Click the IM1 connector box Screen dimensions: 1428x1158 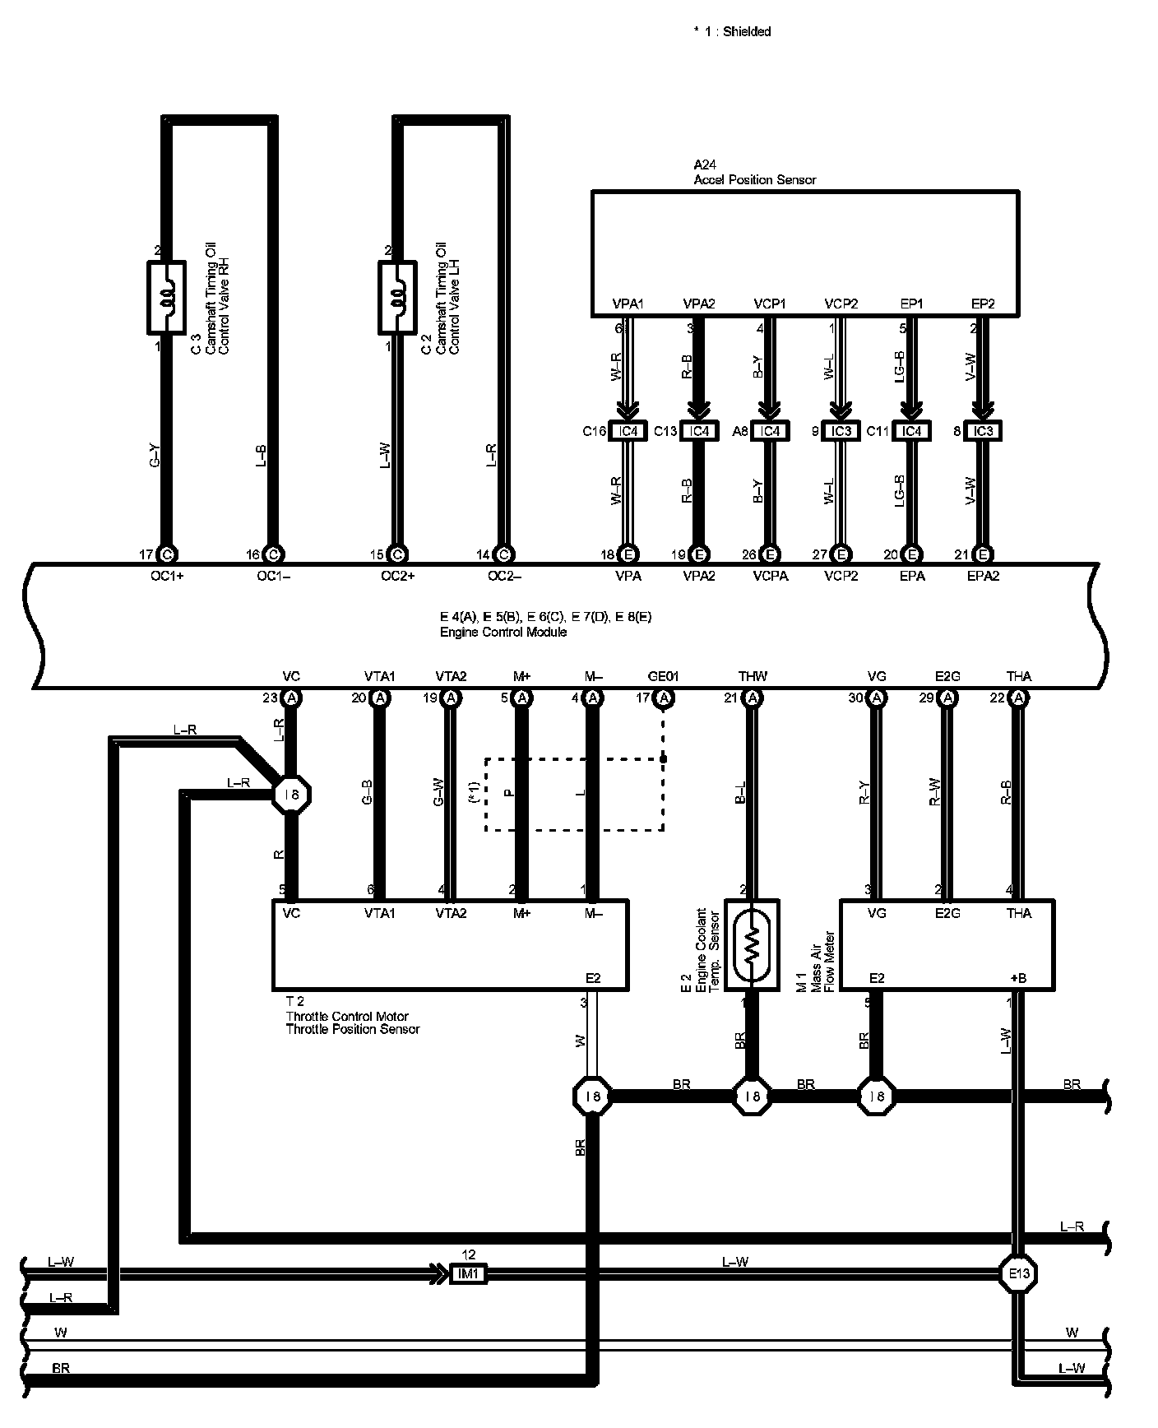point(469,1274)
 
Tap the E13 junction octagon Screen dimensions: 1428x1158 point(1018,1274)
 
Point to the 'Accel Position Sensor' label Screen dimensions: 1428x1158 point(755,179)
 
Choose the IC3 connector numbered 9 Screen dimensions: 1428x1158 point(841,431)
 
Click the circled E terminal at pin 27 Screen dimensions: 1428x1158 point(841,554)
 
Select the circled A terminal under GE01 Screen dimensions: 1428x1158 point(664,698)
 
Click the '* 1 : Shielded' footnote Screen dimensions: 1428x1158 point(732,31)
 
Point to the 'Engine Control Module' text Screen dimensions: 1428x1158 point(503,632)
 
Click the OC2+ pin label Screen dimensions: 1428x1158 point(397,576)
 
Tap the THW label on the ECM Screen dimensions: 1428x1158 point(753,676)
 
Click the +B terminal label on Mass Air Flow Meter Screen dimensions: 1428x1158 point(1018,978)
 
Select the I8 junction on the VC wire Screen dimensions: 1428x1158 point(292,795)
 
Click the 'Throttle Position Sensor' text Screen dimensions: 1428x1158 point(353,1029)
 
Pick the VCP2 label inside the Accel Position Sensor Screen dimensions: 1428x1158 point(841,304)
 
